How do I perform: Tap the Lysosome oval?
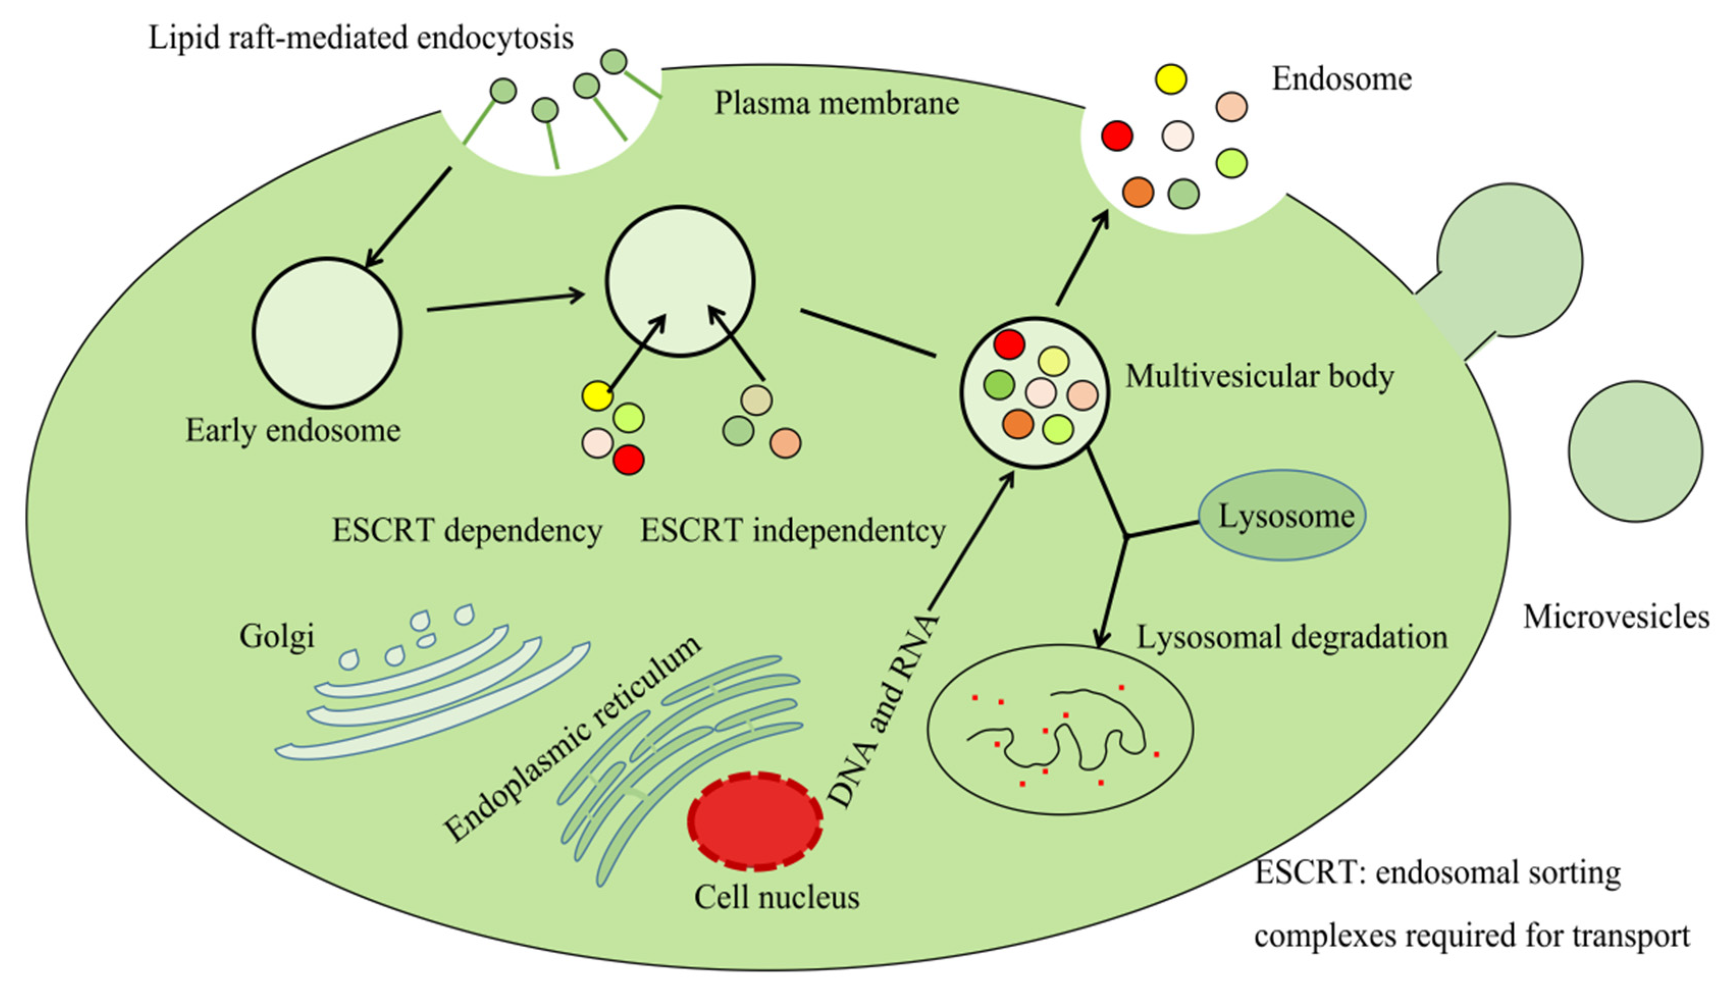tap(1282, 515)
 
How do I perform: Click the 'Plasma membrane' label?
tap(836, 103)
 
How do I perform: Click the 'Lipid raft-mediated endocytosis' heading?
tap(361, 37)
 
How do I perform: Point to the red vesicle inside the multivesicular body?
tap(1009, 344)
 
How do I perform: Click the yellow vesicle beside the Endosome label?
tap(1171, 79)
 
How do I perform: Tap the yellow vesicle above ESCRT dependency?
tap(598, 395)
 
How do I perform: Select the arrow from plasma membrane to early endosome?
tap(408, 217)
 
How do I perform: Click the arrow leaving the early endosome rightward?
tap(506, 302)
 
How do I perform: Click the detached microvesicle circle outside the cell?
tap(1635, 451)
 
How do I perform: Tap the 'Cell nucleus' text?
tap(777, 897)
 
